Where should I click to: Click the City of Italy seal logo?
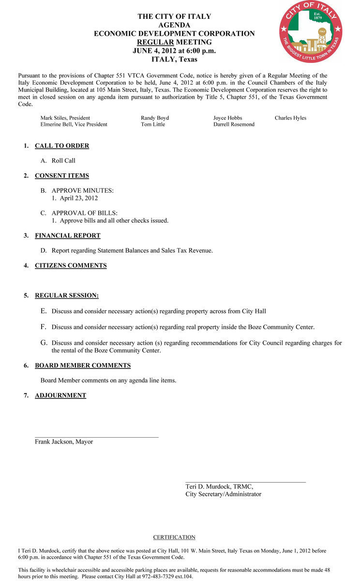click(x=311, y=31)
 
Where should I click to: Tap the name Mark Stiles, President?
click(x=65, y=118)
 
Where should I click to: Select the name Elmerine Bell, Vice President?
click(x=74, y=124)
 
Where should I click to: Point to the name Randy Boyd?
click(x=155, y=118)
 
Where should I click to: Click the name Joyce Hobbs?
click(x=227, y=118)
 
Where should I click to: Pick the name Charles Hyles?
click(x=290, y=118)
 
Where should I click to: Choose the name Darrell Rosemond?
click(x=234, y=124)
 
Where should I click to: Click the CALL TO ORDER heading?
click(x=62, y=146)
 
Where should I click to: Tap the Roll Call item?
click(x=63, y=161)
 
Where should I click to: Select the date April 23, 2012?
click(x=79, y=198)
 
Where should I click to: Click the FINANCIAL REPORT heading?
click(x=68, y=236)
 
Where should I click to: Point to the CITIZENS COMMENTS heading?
click(x=71, y=265)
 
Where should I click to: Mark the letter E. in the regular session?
click(x=44, y=311)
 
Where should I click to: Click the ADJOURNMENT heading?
click(x=60, y=396)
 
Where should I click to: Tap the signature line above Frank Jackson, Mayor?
click(x=97, y=437)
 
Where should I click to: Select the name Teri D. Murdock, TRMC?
click(x=219, y=487)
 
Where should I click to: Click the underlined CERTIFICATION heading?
click(x=174, y=537)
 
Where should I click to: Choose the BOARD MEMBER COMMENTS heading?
click(x=83, y=366)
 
